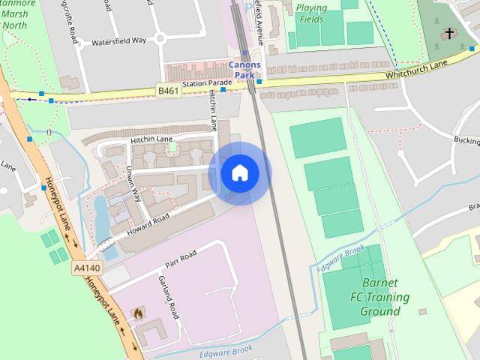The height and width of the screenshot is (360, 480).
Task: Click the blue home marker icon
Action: tap(240, 173)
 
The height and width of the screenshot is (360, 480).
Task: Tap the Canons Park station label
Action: tap(245, 70)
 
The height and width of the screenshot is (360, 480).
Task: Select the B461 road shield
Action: tap(169, 91)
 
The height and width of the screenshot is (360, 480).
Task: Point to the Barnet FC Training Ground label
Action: tap(385, 296)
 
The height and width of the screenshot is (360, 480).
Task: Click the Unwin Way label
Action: tap(136, 184)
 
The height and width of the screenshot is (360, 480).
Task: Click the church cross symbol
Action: tap(448, 33)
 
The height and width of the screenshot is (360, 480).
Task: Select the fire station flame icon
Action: tap(139, 314)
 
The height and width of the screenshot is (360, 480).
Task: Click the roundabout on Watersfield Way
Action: tap(160, 39)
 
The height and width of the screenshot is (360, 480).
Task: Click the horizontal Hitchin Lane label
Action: tap(151, 139)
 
